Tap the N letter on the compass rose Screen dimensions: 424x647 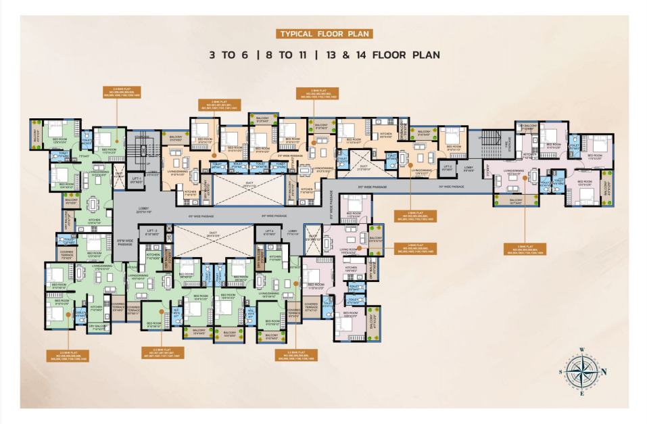click(604, 371)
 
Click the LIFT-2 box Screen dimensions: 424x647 click(447, 168)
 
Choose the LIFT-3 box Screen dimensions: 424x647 click(151, 233)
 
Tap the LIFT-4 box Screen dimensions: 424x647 click(270, 233)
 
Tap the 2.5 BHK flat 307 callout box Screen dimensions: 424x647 click(162, 352)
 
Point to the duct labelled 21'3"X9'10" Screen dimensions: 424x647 click(364, 167)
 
